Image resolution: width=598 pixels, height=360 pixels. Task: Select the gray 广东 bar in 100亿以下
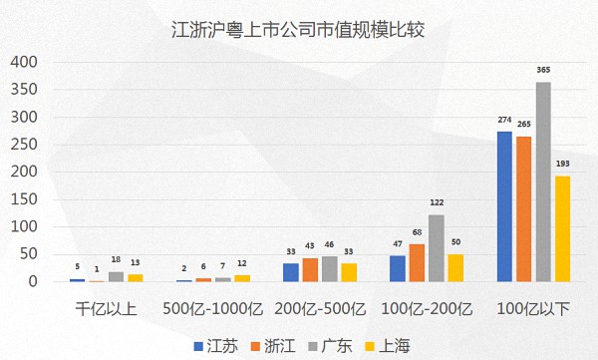(543, 181)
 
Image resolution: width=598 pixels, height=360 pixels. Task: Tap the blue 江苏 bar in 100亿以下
(504, 206)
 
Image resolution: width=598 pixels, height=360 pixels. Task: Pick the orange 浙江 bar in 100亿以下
(523, 208)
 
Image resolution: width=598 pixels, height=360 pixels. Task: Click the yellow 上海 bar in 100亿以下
(562, 228)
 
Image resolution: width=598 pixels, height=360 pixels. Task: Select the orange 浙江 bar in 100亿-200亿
(417, 263)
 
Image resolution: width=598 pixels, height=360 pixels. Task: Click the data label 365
(543, 70)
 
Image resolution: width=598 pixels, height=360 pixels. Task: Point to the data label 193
(562, 164)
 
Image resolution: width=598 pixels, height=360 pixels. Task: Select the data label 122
(437, 202)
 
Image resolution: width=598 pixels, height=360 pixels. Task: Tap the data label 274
(504, 120)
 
